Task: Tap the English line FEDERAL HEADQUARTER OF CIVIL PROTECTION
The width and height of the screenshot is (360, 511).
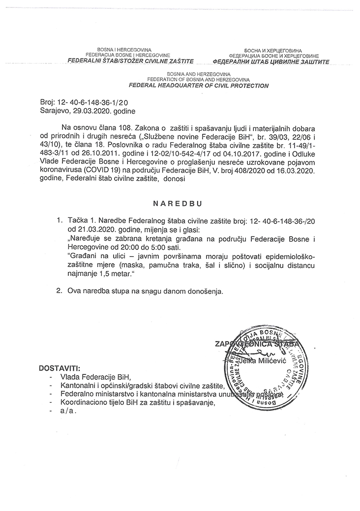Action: (x=199, y=86)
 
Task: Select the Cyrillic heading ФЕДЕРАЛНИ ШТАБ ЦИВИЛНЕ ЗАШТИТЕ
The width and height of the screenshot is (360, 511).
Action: (x=268, y=62)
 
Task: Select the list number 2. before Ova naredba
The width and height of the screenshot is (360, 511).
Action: (x=60, y=291)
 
